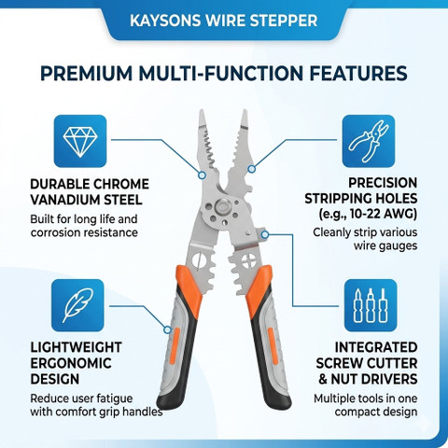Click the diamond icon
pos(80,141)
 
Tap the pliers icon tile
pos(369,141)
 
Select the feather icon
pos(77,305)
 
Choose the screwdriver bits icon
pos(371,305)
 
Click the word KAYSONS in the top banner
pos(165,21)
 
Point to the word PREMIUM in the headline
pos(87,74)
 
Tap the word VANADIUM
pos(66,200)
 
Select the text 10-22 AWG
pos(382,214)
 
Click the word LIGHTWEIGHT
pos(76,347)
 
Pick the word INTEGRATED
pos(376,347)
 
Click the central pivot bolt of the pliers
pos(222,206)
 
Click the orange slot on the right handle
pos(273,344)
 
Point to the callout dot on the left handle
pos(167,329)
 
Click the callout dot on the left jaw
pos(202,175)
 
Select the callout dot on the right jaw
pos(251,169)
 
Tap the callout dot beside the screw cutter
pos(265,234)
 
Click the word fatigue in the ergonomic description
pos(115,399)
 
